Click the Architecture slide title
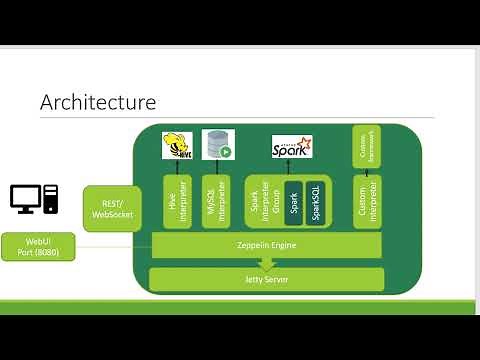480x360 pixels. [x=97, y=102]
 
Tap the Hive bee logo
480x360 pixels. [x=177, y=147]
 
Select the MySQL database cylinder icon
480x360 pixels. [x=217, y=145]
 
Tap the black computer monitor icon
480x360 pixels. [x=26, y=199]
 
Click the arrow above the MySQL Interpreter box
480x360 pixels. [x=217, y=167]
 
